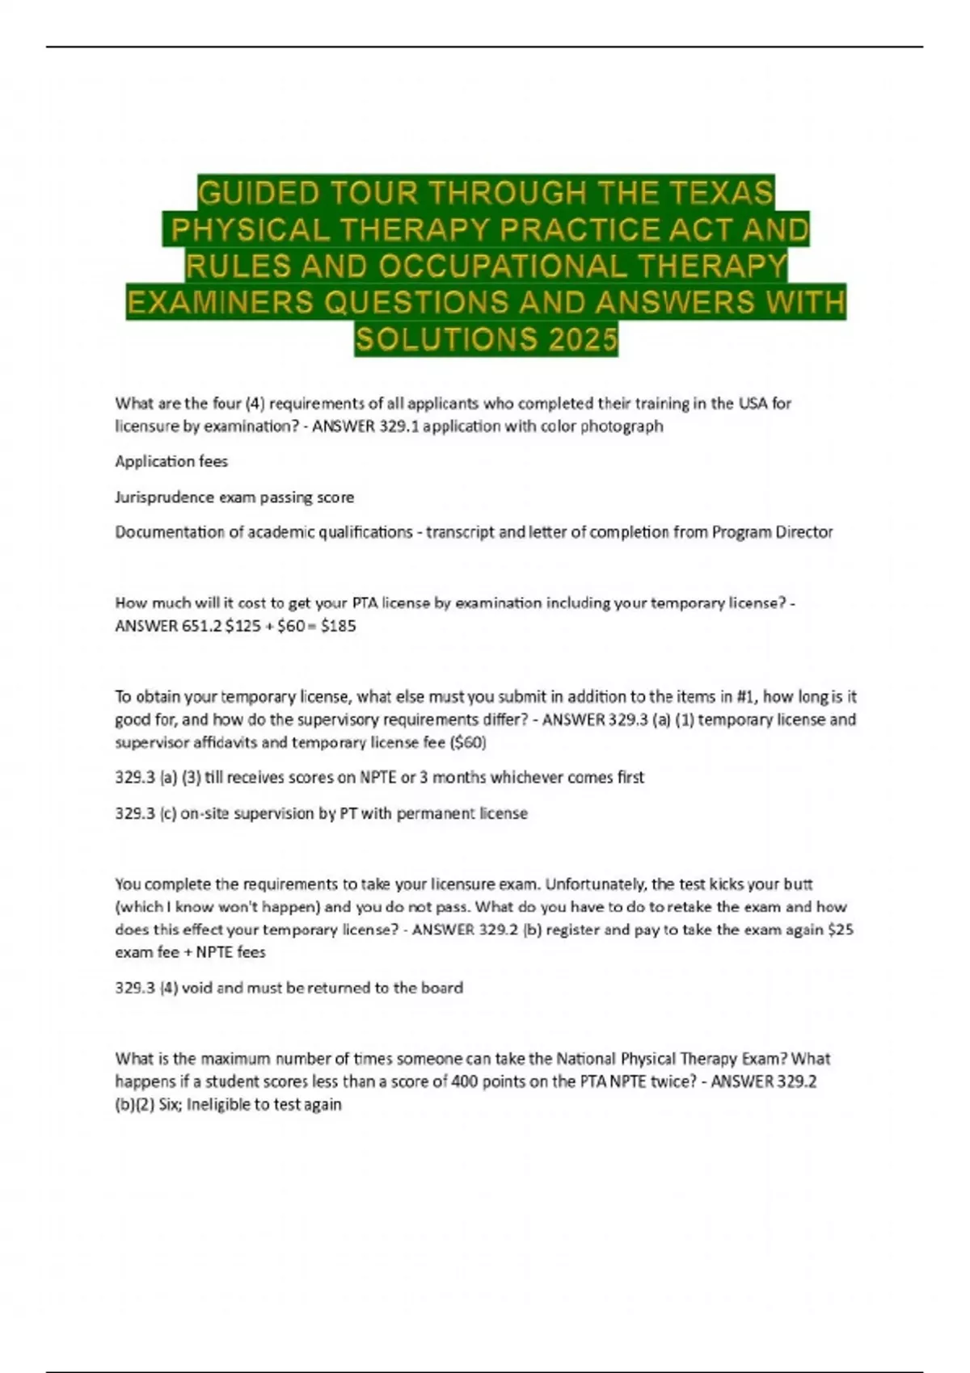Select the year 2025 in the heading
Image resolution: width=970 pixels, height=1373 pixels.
coord(582,339)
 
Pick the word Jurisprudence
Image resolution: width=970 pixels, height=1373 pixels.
coord(165,498)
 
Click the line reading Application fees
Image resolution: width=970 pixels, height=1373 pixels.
coord(171,462)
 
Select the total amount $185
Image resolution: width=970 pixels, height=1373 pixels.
coord(338,626)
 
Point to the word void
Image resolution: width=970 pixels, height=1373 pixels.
coord(196,988)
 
